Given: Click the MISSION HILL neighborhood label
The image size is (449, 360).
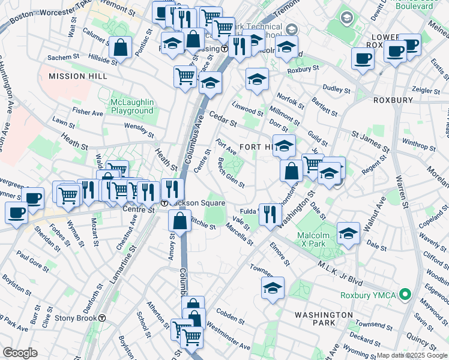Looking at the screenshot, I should coord(78,76).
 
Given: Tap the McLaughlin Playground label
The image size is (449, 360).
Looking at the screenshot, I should coord(132,106).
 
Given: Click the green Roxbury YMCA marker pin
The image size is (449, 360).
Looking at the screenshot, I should coord(405,295).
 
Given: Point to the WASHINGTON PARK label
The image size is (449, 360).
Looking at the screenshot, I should coord(324,319).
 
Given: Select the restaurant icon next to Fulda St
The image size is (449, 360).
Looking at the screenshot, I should coord(270,214).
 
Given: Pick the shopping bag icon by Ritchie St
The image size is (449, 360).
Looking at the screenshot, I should coord(179,220).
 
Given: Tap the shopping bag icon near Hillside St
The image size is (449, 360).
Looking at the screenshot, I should coord(121,49).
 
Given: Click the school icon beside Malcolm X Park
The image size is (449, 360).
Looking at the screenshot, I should coord(348,233).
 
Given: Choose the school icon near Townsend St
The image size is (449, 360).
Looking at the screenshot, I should coord(273,288).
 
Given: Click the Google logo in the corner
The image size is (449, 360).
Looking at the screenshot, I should coord(20,353).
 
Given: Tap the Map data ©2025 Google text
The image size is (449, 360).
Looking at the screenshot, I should coord(412,355).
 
